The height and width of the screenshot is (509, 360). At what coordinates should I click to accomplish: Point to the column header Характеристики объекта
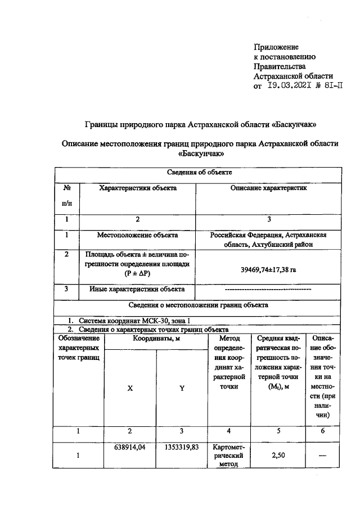pos(138,188)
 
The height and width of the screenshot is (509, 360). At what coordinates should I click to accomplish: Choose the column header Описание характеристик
pos(269,188)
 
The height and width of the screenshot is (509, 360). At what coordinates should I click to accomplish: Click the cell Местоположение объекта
pos(138,235)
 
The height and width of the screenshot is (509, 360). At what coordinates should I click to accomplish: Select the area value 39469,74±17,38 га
pos(268,270)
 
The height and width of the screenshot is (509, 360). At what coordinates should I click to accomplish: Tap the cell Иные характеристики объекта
pos(138,290)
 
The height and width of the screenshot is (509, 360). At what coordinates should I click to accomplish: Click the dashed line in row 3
pos(268,290)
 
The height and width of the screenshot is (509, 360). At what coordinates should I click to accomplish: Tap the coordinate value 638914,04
pos(130,448)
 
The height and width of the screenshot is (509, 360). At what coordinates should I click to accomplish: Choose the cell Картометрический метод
pos(228,456)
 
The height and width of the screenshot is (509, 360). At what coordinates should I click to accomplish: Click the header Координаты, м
pos(156,339)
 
